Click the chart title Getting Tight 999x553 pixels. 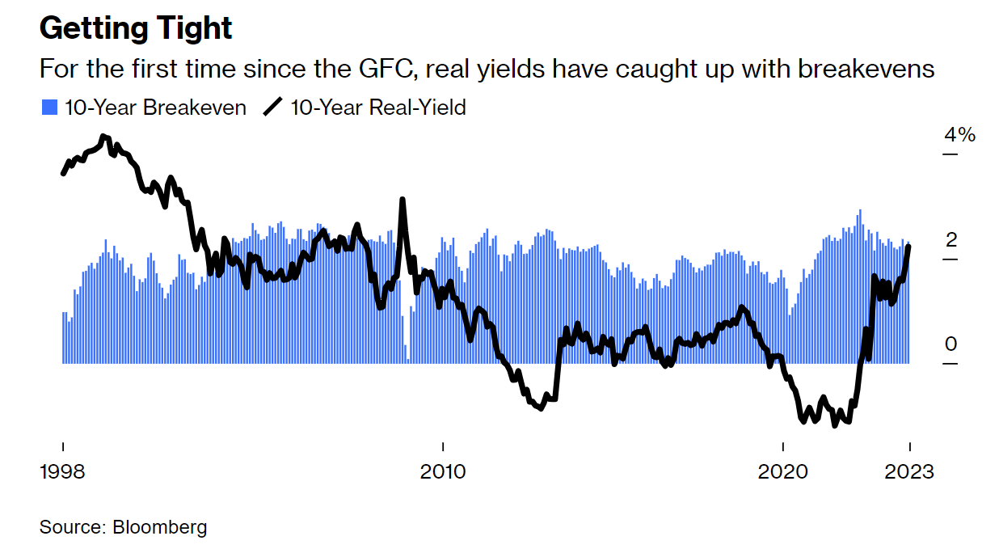136,28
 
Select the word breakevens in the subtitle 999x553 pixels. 866,69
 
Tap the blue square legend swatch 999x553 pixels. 49,108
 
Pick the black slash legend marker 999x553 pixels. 274,108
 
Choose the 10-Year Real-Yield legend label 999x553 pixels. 377,108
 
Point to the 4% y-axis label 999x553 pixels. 959,134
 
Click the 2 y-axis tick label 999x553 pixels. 951,240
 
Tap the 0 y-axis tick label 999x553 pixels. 951,344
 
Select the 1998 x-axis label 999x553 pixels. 62,471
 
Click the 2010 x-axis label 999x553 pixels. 443,471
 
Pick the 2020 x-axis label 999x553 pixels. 783,471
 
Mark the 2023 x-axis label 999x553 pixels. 910,471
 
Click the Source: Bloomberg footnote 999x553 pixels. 123,527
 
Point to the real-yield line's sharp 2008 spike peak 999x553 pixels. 403,200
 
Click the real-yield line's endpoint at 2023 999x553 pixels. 909,247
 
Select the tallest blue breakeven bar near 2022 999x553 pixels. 859,211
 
